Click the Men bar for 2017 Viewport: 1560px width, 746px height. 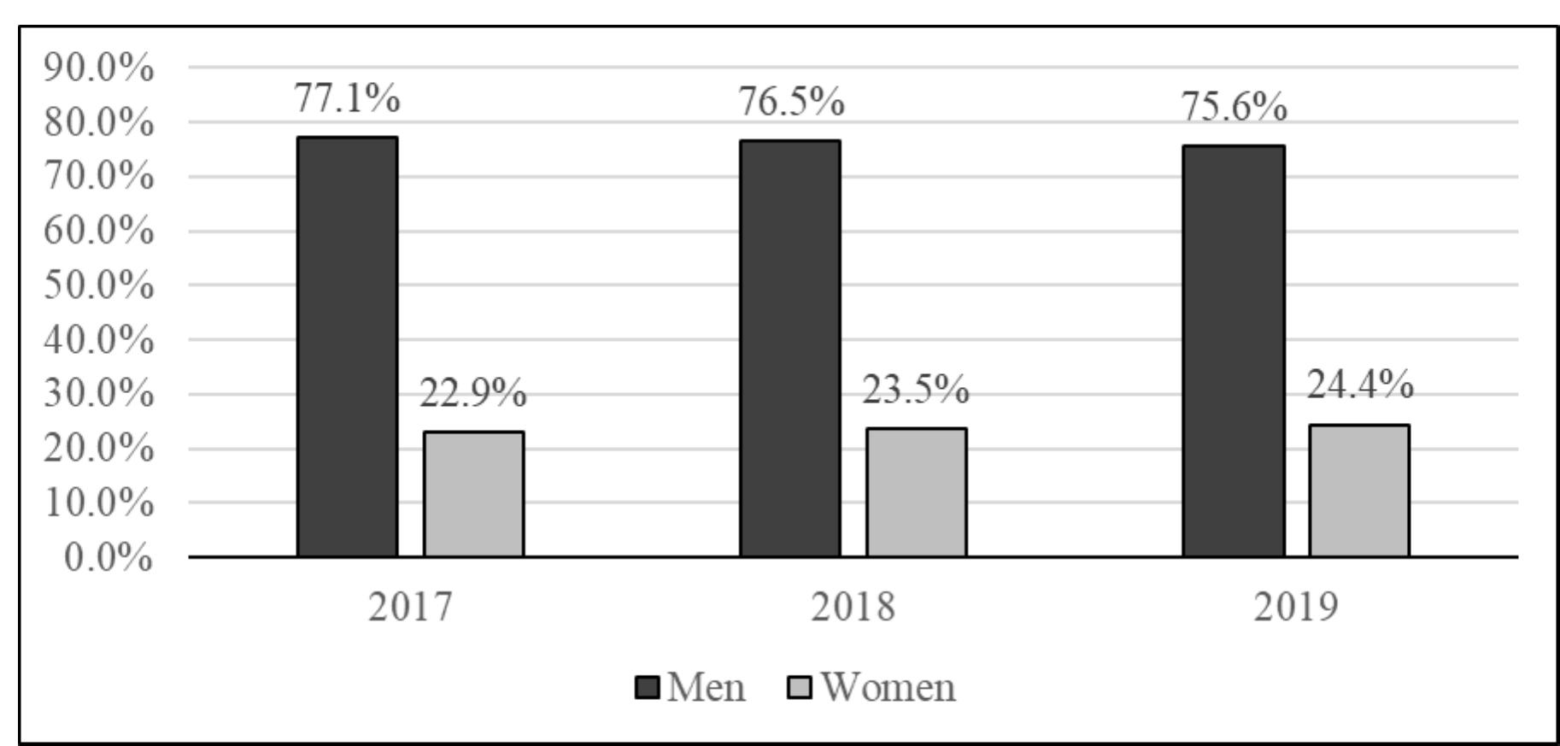click(x=347, y=346)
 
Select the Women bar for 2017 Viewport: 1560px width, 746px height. click(x=473, y=494)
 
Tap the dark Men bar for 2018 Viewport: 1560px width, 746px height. click(x=789, y=348)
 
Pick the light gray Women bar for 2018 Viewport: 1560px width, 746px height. click(x=916, y=492)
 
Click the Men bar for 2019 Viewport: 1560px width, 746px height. click(x=1233, y=350)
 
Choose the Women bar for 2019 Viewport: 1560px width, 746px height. click(x=1358, y=490)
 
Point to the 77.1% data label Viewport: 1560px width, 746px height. click(x=347, y=99)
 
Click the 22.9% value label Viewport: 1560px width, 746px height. click(x=472, y=394)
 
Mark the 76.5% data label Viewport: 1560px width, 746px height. click(x=791, y=103)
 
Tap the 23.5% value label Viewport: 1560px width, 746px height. click(x=915, y=391)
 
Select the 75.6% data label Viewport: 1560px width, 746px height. click(x=1234, y=109)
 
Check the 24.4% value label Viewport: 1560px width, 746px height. click(x=1359, y=385)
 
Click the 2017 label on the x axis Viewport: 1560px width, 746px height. click(x=410, y=607)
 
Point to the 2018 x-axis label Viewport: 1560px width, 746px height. click(x=853, y=607)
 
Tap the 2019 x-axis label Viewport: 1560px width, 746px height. click(x=1295, y=607)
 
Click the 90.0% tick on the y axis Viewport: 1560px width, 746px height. click(x=99, y=68)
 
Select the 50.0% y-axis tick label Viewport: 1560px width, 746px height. click(x=99, y=285)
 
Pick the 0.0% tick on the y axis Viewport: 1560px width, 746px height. click(x=108, y=559)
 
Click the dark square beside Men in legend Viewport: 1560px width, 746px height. click(x=648, y=687)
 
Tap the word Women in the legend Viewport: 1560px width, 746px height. click(x=888, y=687)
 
